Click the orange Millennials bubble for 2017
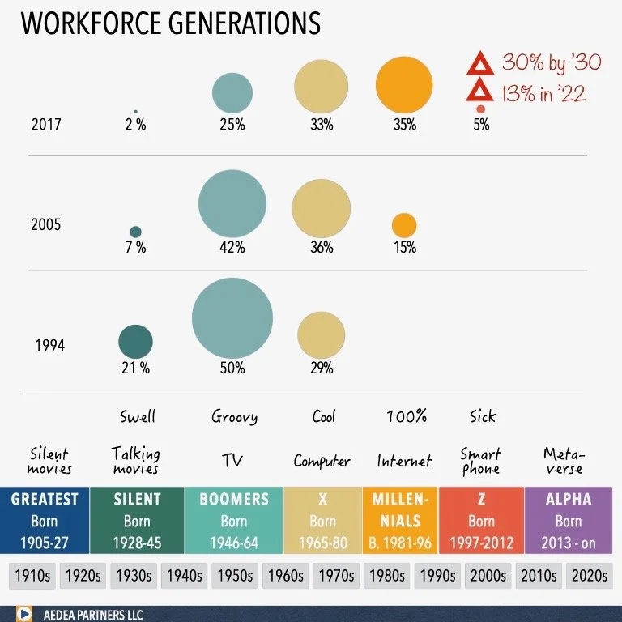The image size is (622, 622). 404,87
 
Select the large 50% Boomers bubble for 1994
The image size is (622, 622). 232,317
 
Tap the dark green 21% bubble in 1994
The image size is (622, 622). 135,341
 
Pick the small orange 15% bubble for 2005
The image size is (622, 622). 404,225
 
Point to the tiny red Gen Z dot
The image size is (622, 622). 480,109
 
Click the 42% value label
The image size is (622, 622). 232,248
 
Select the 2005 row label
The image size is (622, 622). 46,224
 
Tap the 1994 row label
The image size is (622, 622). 49,345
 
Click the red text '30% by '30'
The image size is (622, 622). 552,62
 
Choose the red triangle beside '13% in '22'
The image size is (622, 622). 479,92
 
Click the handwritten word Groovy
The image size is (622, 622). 234,417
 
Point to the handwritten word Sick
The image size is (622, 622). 482,417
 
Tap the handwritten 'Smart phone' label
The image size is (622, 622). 481,461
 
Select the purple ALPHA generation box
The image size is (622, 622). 568,520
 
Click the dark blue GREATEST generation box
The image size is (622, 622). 45,520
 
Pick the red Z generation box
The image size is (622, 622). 481,520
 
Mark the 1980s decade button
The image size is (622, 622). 387,576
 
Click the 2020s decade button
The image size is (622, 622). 588,576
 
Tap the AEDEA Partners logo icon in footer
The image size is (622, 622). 23,614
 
